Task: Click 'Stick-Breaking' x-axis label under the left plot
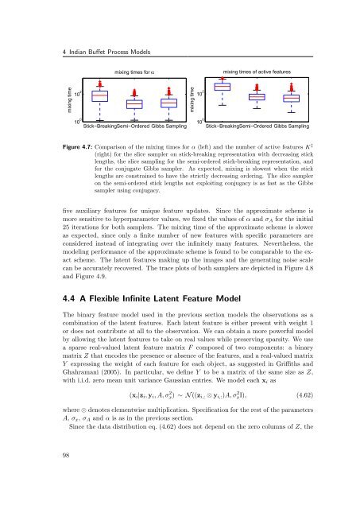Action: [x=101, y=127]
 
